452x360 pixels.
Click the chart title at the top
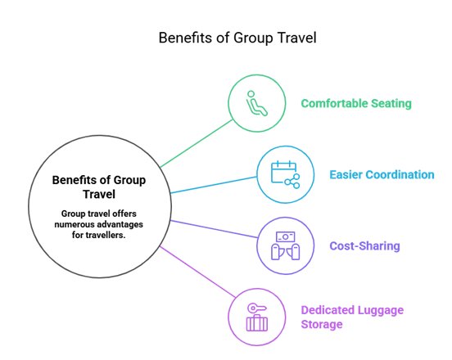point(237,38)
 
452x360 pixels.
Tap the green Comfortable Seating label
point(356,103)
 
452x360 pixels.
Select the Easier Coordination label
point(382,174)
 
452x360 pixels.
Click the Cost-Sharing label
point(364,246)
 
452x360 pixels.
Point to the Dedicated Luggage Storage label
point(352,317)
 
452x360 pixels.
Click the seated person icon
point(256,103)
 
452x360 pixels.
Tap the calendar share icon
point(286,174)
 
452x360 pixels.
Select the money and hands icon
point(286,245)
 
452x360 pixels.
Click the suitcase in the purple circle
point(257,323)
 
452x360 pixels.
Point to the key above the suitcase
point(257,308)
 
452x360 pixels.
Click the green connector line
point(197,143)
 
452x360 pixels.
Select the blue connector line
point(214,185)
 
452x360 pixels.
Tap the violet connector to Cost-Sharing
point(214,229)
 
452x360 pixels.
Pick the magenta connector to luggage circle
point(198,272)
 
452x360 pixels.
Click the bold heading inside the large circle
point(99,187)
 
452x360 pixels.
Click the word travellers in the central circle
point(106,235)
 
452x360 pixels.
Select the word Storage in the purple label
point(322,324)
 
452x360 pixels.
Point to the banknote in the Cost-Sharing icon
point(286,236)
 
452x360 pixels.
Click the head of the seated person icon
point(251,94)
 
